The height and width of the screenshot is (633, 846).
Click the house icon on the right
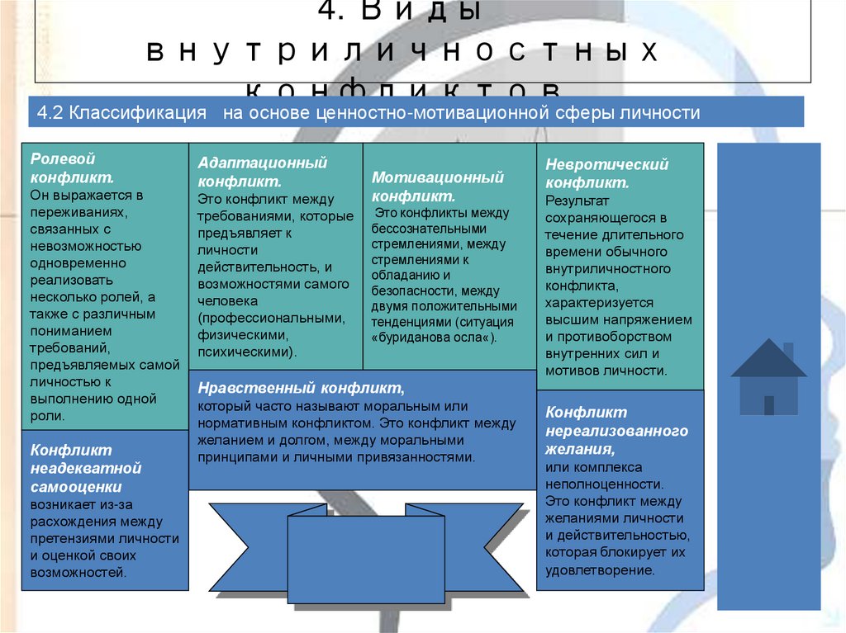coord(768,377)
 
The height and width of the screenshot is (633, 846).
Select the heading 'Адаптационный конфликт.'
coord(262,172)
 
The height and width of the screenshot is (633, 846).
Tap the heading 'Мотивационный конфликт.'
coord(437,187)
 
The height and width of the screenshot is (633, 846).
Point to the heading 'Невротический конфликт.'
coord(606,173)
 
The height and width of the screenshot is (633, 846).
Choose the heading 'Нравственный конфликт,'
coord(301,388)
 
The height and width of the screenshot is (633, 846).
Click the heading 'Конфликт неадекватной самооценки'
coord(86,468)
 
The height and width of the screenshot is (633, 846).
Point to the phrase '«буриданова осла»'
coord(434,338)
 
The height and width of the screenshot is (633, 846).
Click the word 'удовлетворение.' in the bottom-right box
coord(600,569)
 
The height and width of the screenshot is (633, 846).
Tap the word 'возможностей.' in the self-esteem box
coord(78,571)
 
